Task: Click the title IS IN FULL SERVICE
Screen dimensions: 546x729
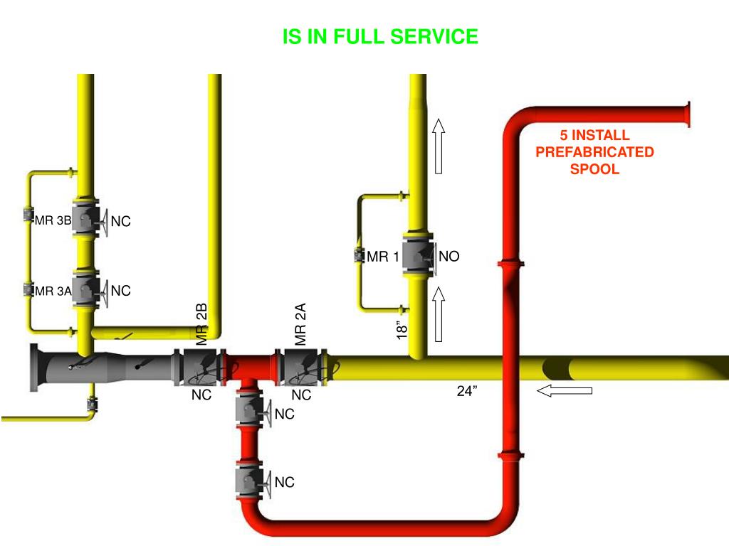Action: point(380,37)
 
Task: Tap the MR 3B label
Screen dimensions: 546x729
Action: point(53,220)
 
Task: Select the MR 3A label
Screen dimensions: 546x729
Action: point(53,290)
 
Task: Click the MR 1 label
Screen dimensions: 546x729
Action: point(382,257)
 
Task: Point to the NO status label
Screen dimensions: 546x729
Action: point(449,257)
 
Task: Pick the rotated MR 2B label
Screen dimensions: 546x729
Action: point(202,324)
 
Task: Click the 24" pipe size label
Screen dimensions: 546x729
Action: point(467,390)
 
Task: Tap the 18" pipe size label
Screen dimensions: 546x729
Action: point(403,329)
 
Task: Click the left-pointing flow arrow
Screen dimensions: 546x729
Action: point(565,390)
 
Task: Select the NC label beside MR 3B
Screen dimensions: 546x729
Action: point(120,222)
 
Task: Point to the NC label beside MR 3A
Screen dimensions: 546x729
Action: point(120,291)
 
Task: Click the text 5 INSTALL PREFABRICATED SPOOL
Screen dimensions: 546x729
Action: point(594,152)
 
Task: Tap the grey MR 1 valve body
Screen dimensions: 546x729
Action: point(419,256)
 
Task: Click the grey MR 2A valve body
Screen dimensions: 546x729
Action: point(302,365)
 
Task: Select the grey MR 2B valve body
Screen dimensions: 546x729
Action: point(199,365)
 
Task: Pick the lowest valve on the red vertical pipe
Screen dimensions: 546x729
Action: point(249,481)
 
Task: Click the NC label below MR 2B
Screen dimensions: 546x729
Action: point(201,395)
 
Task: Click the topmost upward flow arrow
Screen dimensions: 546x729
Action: point(439,146)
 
